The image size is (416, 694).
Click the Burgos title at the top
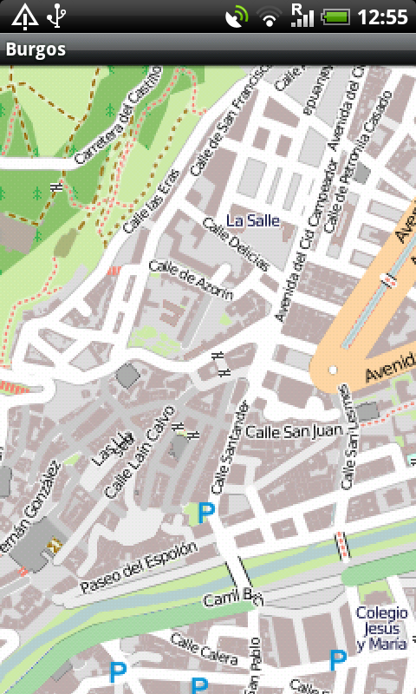pyautogui.click(x=36, y=49)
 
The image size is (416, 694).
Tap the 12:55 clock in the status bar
pyautogui.click(x=382, y=16)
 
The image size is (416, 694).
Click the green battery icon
pyautogui.click(x=336, y=16)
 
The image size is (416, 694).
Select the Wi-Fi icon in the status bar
pyautogui.click(x=270, y=16)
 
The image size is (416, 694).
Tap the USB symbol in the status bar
pyautogui.click(x=56, y=16)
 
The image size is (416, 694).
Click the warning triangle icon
pyautogui.click(x=23, y=16)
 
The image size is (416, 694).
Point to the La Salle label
pyautogui.click(x=253, y=220)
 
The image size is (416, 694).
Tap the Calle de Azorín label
pyautogui.click(x=192, y=280)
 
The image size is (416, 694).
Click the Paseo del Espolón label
pyautogui.click(x=139, y=568)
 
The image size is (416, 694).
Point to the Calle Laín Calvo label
pyautogui.click(x=133, y=461)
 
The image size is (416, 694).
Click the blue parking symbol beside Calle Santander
pyautogui.click(x=206, y=513)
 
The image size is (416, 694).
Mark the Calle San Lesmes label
pyautogui.click(x=348, y=437)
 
